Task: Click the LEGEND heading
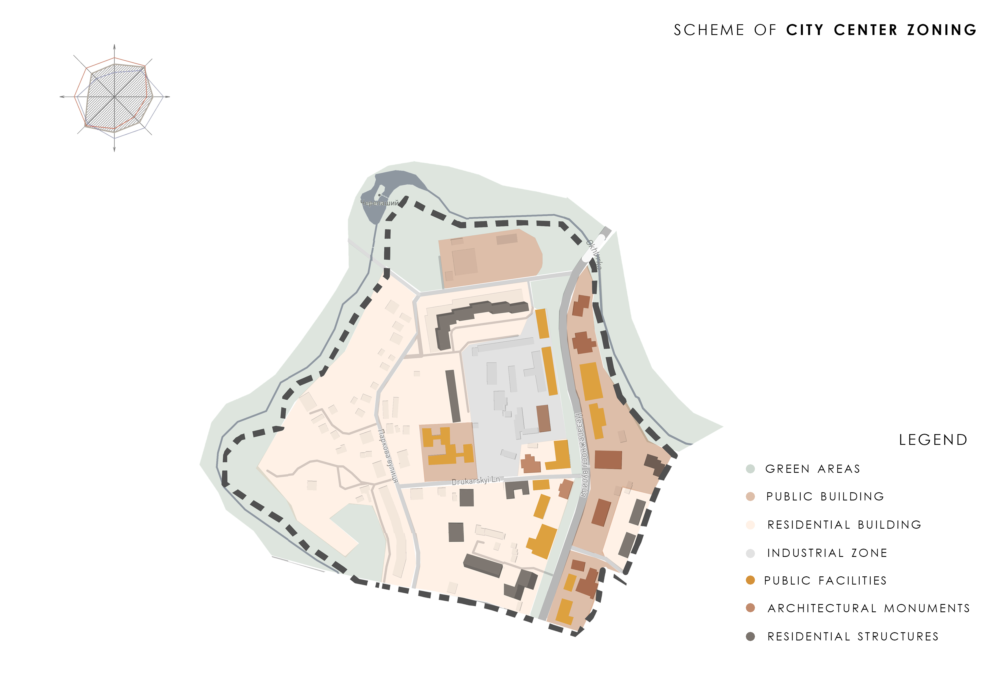point(933,440)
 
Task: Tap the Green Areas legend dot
point(750,469)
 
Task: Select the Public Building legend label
point(825,496)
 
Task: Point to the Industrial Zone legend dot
point(750,553)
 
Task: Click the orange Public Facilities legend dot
point(750,581)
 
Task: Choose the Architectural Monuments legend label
point(868,608)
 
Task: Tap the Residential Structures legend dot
point(750,636)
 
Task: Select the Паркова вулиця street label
point(388,456)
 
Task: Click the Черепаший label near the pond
point(380,203)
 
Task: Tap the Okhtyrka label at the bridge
point(594,255)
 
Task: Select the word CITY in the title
point(805,30)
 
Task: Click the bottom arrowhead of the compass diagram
point(114,149)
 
